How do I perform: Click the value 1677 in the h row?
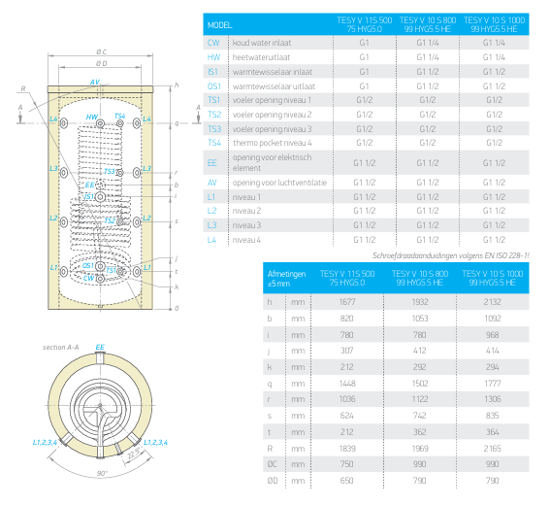point(347,302)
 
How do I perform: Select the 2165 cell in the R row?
point(492,449)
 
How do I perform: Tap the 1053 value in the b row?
point(420,319)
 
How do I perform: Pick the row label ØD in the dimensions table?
point(273,481)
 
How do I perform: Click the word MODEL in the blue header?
point(219,25)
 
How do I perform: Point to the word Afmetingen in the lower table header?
point(286,274)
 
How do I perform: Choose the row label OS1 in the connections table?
point(214,86)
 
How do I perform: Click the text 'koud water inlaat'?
point(262,43)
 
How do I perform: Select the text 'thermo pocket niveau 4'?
point(273,143)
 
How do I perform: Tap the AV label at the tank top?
point(95,82)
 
